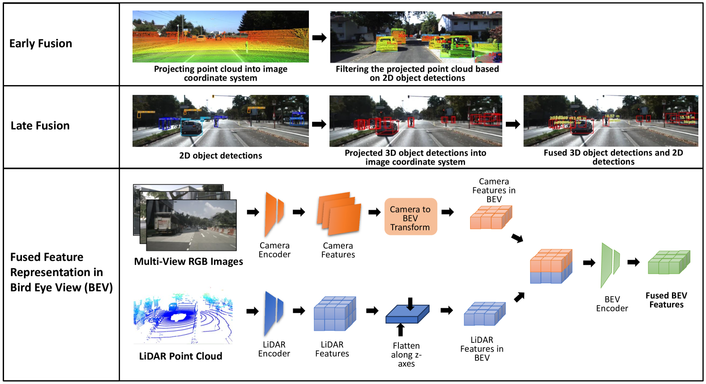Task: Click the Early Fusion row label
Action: click(41, 43)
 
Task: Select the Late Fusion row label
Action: click(40, 126)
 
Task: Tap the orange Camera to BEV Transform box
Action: click(410, 218)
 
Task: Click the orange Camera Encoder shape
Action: click(274, 213)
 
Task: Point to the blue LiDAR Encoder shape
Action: click(273, 313)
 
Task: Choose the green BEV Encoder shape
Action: click(609, 265)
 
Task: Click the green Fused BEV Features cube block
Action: click(669, 263)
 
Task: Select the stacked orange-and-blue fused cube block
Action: click(551, 266)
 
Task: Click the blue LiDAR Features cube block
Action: click(334, 313)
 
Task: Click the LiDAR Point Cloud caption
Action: click(180, 356)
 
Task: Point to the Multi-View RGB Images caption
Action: click(188, 261)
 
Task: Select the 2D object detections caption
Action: click(221, 156)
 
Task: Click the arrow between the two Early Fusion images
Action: click(319, 38)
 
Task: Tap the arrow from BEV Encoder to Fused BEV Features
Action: click(633, 262)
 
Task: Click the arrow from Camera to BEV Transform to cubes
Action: click(448, 212)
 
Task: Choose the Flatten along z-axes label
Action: click(406, 354)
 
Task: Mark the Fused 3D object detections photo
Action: click(611, 121)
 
